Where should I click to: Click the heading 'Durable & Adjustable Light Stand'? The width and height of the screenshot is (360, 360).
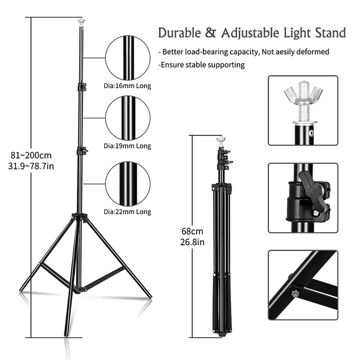pos(252,33)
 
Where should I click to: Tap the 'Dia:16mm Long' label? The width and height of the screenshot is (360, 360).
pos(127,86)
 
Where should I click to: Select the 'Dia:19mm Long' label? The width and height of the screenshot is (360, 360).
pos(127,146)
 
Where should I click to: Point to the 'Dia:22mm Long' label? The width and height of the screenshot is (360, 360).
pos(127,212)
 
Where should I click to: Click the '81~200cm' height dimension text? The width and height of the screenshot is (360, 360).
pos(31,156)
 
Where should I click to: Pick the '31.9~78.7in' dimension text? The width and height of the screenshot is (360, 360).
pos(31,166)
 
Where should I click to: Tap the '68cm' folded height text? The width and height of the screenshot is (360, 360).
pos(192,231)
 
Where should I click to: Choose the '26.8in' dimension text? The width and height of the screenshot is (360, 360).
pos(192,242)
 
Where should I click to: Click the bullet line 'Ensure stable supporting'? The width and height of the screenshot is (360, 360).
pos(202,65)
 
